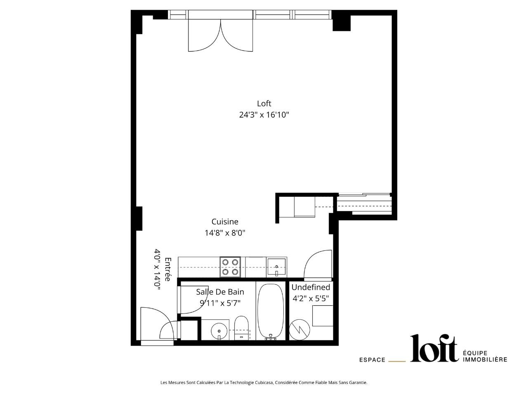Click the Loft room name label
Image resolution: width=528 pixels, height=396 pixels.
[264, 104]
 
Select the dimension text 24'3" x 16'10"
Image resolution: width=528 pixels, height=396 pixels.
[264, 115]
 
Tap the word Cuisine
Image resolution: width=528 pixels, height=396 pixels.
[225, 222]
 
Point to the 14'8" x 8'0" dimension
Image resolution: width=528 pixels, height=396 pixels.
[225, 233]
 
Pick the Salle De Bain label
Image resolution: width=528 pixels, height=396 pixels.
[220, 292]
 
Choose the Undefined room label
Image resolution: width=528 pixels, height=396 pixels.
[311, 287]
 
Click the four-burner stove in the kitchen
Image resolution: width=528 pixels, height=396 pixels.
[230, 267]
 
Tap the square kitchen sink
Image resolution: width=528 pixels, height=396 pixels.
[276, 266]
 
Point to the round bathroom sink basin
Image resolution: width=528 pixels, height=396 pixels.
[219, 331]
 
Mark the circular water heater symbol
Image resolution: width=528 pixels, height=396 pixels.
[299, 330]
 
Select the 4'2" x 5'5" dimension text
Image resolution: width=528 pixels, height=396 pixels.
[311, 298]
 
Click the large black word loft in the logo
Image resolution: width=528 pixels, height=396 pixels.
[434, 348]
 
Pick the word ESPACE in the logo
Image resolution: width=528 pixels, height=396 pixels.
[372, 360]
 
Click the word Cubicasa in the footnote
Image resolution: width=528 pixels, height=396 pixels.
[264, 382]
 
